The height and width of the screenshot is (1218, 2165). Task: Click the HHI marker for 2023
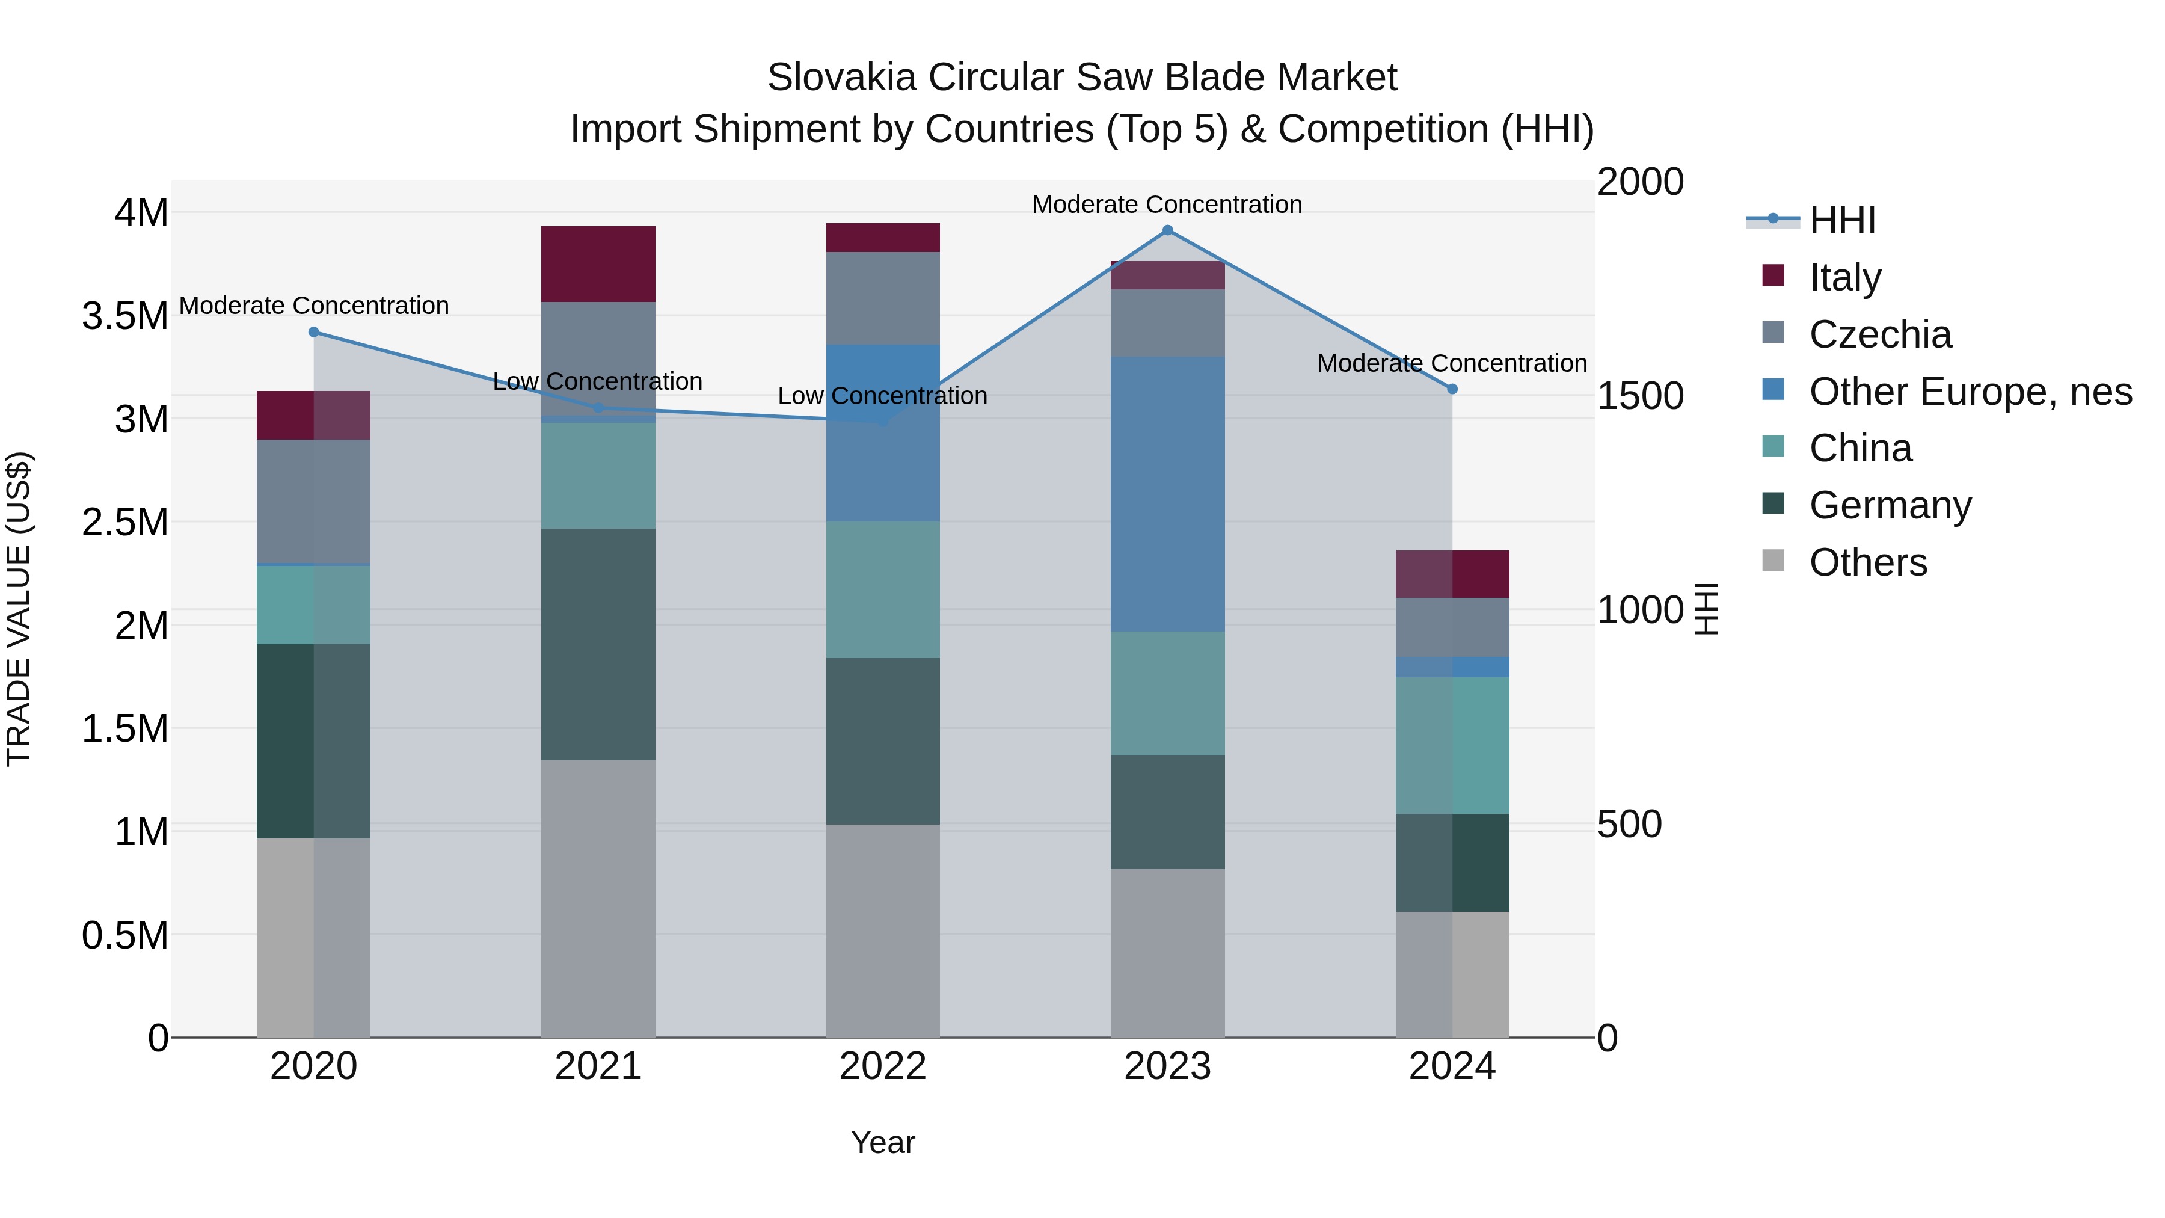(x=1167, y=230)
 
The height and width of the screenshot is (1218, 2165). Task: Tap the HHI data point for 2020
(x=313, y=332)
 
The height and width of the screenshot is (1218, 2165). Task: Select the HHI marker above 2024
(x=1452, y=389)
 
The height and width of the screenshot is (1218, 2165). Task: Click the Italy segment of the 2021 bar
(x=598, y=264)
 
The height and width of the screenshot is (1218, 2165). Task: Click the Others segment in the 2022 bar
(x=882, y=930)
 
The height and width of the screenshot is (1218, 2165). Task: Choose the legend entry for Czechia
(x=1879, y=334)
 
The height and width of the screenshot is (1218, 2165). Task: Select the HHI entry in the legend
(x=1841, y=220)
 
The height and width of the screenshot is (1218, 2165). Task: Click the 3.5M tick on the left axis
(x=125, y=316)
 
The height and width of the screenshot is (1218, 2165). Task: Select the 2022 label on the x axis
(x=882, y=1066)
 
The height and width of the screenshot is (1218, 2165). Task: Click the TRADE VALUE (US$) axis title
(x=19, y=609)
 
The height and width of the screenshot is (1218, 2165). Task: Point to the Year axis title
(x=882, y=1142)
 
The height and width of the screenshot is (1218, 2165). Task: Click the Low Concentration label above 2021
(x=598, y=381)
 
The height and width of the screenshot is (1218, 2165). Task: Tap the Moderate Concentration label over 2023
(x=1167, y=205)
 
